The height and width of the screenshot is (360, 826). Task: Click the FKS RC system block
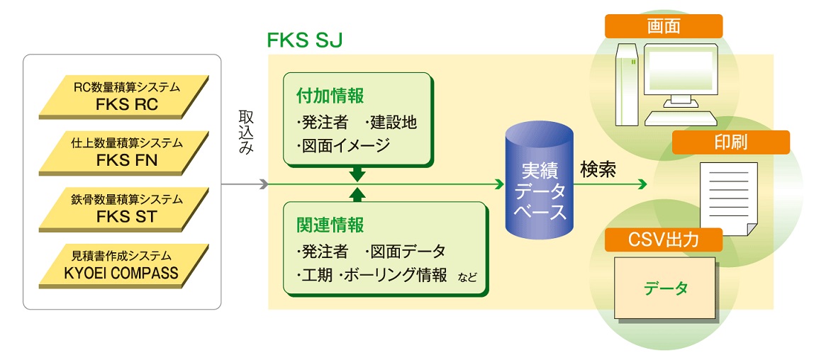124,97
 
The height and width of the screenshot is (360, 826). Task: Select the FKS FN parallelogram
124,152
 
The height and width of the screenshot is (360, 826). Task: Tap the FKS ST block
124,208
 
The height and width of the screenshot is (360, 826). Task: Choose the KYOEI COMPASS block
124,265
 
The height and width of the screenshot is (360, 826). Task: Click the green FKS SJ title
305,40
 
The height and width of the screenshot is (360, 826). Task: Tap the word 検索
598,171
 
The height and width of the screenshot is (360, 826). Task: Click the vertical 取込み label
246,132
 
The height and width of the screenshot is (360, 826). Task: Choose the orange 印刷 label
730,142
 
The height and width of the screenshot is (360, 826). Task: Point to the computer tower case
627,84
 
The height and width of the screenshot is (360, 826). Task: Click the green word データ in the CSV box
666,288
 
